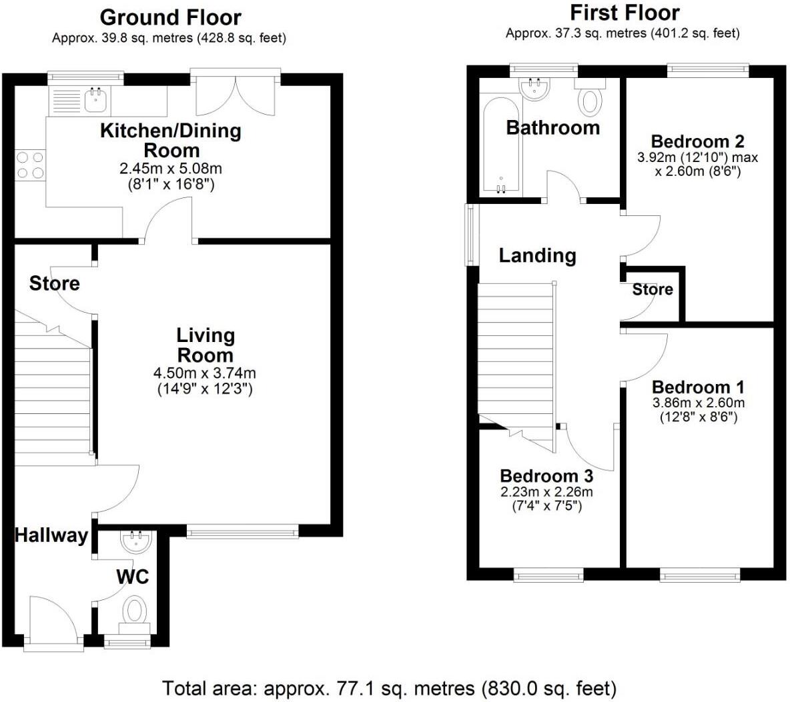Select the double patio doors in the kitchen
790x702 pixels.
coord(235,93)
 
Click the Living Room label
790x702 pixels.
coord(205,345)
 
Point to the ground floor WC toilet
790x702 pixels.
coord(135,611)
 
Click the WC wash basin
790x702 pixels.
coord(136,541)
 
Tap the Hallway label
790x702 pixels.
coord(51,535)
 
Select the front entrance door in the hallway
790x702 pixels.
coord(55,621)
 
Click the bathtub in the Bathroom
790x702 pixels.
coord(500,147)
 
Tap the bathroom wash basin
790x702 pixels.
coord(534,89)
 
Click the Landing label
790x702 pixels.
coord(537,255)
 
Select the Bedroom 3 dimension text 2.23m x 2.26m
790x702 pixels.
coord(546,492)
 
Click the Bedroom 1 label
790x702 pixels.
coord(698,387)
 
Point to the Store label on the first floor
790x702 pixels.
coord(652,289)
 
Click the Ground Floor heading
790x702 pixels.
coord(170,17)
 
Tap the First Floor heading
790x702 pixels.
coord(625,13)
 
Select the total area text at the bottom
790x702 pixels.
coord(389,687)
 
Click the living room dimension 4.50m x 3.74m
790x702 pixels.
coord(205,373)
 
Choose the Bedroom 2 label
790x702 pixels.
coord(697,141)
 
